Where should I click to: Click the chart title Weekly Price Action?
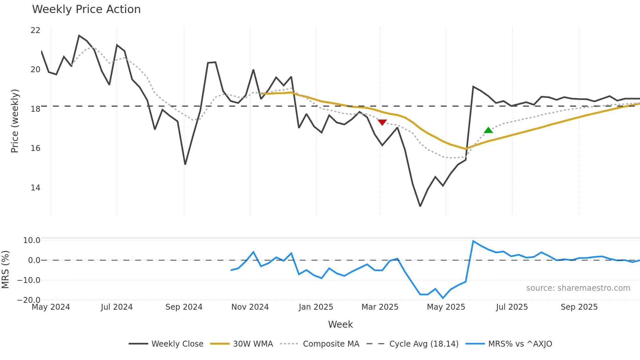86,9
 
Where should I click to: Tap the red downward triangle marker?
382,122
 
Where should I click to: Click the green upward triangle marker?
488,130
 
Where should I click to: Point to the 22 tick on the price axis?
35,30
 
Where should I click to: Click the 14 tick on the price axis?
35,188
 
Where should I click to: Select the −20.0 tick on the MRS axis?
29,300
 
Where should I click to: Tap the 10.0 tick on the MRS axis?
32,240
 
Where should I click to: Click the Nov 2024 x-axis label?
250,307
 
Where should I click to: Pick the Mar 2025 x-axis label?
380,307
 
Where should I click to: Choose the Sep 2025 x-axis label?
579,307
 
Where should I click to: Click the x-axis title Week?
340,324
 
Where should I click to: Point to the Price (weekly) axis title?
15,121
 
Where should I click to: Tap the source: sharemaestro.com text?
578,288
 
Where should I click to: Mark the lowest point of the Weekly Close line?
420,206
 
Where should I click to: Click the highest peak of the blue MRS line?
473,241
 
